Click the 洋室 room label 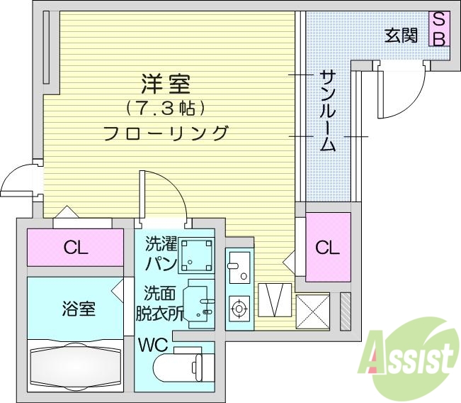[x=166, y=84]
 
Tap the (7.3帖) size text [x=166, y=109]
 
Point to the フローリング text [x=166, y=133]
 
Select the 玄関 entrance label [x=401, y=35]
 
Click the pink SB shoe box [x=438, y=29]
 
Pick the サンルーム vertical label [x=327, y=111]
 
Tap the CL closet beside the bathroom [x=75, y=248]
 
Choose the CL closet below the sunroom [x=327, y=247]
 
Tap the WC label [x=152, y=346]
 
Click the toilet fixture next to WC [x=181, y=368]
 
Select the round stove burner [x=239, y=309]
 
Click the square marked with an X [x=313, y=310]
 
